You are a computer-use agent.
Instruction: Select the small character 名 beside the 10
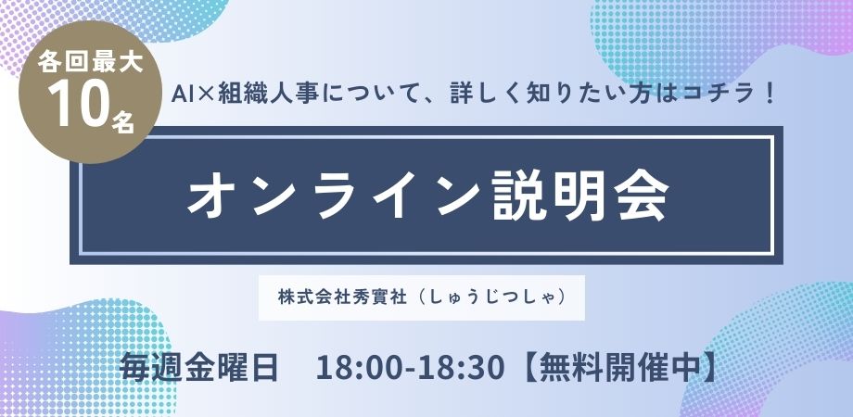(x=123, y=120)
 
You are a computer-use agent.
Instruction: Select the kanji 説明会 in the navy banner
(x=579, y=196)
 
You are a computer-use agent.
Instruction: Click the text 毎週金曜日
(x=199, y=368)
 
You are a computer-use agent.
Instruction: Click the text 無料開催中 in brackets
(x=616, y=368)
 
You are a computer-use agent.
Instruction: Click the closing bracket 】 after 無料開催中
(x=707, y=368)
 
